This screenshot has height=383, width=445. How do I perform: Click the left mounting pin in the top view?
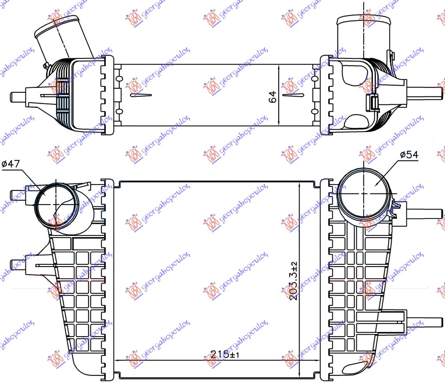click(x=18, y=97)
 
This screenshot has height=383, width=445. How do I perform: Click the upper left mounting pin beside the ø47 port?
click(x=18, y=195)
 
